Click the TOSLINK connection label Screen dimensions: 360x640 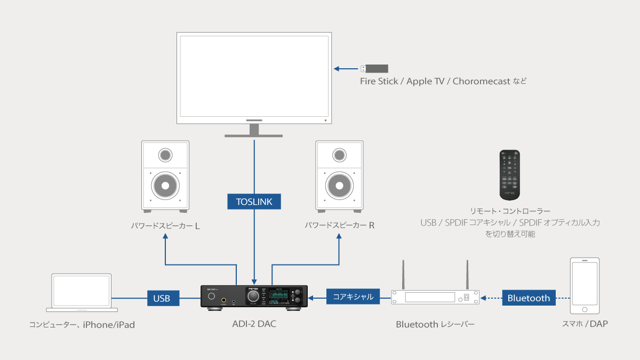(x=254, y=202)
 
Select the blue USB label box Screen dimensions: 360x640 (x=163, y=298)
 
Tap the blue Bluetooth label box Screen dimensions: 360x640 (x=529, y=298)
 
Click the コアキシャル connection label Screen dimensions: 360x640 (x=353, y=297)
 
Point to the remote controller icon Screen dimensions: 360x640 (x=509, y=175)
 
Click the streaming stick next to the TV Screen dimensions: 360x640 (x=374, y=68)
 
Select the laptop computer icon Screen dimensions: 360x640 (x=81, y=293)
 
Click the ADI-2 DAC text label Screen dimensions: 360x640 (x=254, y=324)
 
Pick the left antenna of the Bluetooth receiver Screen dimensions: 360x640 (x=403, y=275)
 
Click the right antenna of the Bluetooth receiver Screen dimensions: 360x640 (x=467, y=275)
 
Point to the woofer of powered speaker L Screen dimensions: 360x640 (x=165, y=186)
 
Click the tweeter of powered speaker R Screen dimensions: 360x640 (x=339, y=155)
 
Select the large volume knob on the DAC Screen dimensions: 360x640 (x=254, y=296)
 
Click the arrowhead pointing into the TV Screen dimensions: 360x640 (x=337, y=68)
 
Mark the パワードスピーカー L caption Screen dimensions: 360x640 (x=166, y=226)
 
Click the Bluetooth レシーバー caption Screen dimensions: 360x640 (x=435, y=324)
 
